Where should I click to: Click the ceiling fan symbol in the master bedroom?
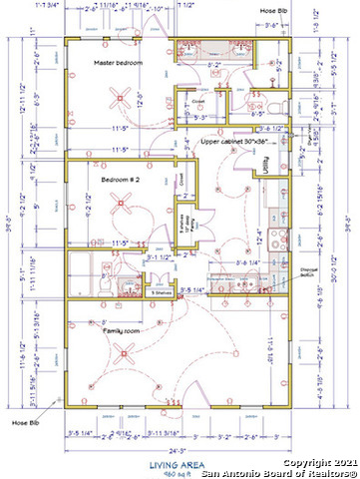[123, 98]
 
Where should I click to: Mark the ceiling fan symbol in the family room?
[123, 351]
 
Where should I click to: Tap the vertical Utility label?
[265, 162]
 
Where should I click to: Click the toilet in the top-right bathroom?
[281, 105]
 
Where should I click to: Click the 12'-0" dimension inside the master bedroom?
[141, 104]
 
